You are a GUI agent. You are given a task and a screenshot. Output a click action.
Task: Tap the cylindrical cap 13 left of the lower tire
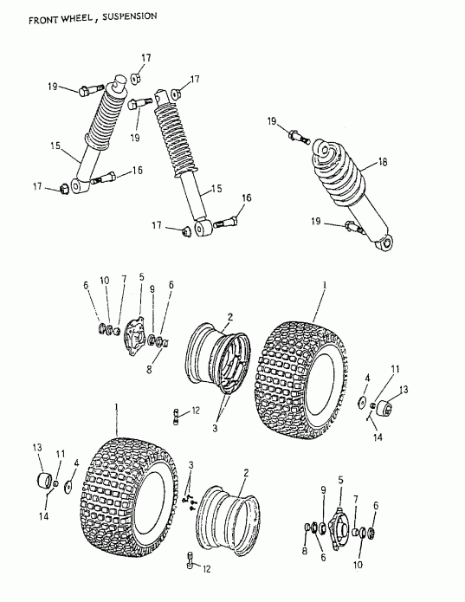pos(40,481)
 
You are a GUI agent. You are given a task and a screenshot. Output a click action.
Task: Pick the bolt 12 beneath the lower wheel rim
pos(191,564)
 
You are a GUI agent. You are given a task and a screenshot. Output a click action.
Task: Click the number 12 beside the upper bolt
pos(197,410)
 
